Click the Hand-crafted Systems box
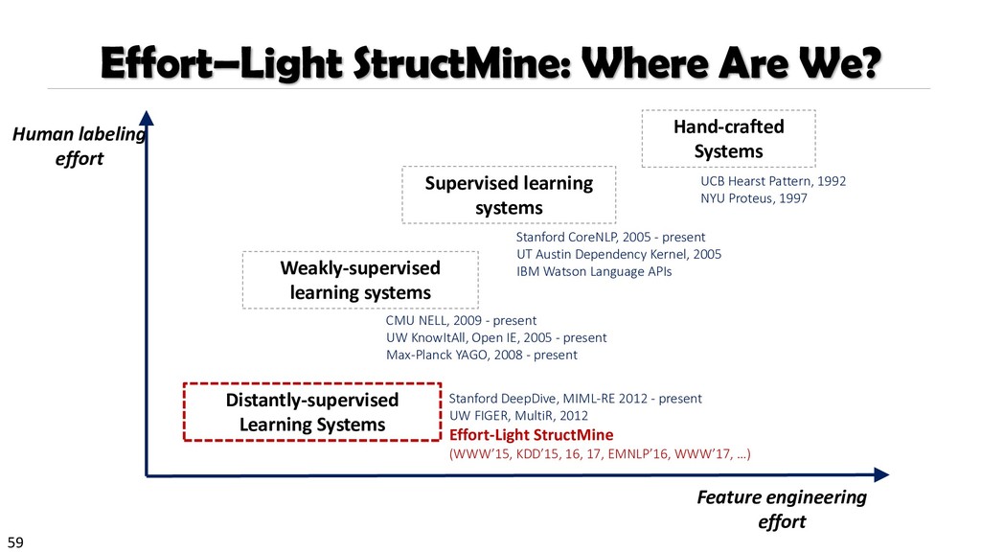tap(727, 139)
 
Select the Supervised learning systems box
tap(509, 195)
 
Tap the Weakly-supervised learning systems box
tap(359, 280)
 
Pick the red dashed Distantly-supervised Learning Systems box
tap(312, 411)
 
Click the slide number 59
tap(14, 542)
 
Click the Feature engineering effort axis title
tap(782, 509)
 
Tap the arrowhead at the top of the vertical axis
tap(146, 118)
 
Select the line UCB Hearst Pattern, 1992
tap(760, 180)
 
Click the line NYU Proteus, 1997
tap(754, 198)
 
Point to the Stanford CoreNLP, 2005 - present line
tap(610, 237)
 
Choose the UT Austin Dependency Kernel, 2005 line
tap(618, 254)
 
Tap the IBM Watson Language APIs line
tap(594, 271)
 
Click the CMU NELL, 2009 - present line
tap(461, 320)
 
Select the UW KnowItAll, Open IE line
tap(496, 337)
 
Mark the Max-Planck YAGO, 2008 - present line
tap(481, 355)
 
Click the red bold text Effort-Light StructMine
tap(531, 434)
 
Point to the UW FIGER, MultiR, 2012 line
tap(518, 416)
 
